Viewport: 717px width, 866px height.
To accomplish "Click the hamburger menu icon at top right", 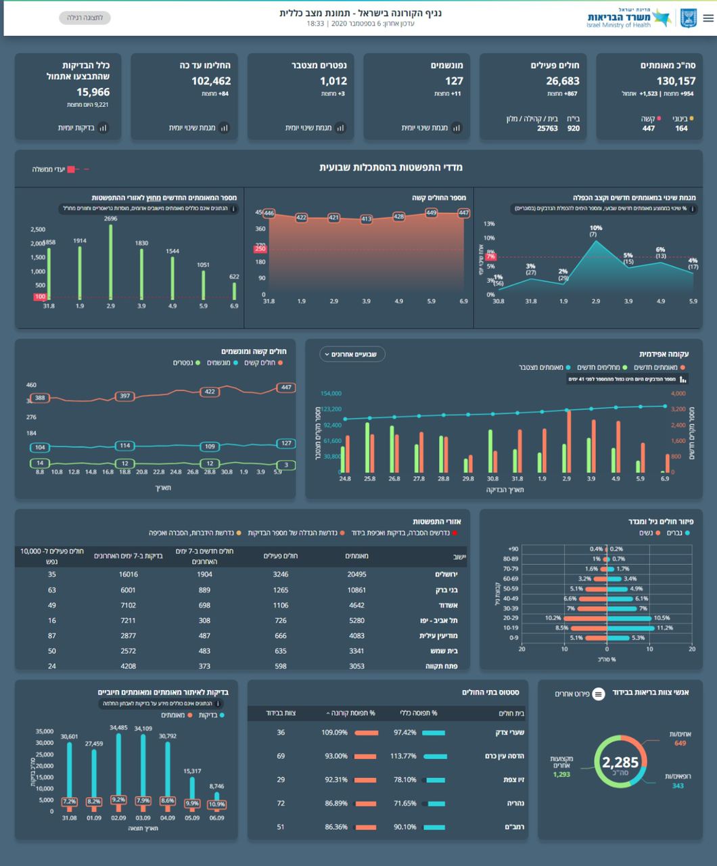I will [x=708, y=18].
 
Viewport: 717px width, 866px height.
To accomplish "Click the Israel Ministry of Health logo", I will [x=628, y=18].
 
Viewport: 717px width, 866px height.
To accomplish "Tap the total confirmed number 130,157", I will [x=676, y=81].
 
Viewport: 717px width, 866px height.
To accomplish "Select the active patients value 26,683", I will [x=563, y=81].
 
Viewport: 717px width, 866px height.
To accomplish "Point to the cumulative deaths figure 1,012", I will [x=333, y=81].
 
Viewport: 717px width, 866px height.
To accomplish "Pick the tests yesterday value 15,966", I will [x=93, y=92].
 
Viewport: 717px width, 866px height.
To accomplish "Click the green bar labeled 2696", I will [x=111, y=260].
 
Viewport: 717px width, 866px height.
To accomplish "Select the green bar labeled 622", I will [x=234, y=290].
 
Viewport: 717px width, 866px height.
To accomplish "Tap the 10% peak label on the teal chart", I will [x=595, y=229].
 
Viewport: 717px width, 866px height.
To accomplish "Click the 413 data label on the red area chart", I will [x=366, y=219].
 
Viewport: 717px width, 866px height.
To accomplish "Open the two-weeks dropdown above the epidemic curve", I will [x=352, y=354].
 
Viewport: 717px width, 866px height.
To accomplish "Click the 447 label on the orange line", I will [x=286, y=388].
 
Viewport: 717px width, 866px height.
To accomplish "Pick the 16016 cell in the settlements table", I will [x=129, y=574].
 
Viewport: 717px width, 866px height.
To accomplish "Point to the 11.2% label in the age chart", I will [x=664, y=628].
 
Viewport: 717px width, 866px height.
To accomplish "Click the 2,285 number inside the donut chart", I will [x=616, y=762].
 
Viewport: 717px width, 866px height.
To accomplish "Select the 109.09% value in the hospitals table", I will [x=335, y=733].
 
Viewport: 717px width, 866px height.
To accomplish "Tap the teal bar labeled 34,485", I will [x=118, y=771].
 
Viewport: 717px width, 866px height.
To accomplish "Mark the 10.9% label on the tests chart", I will [x=216, y=805].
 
